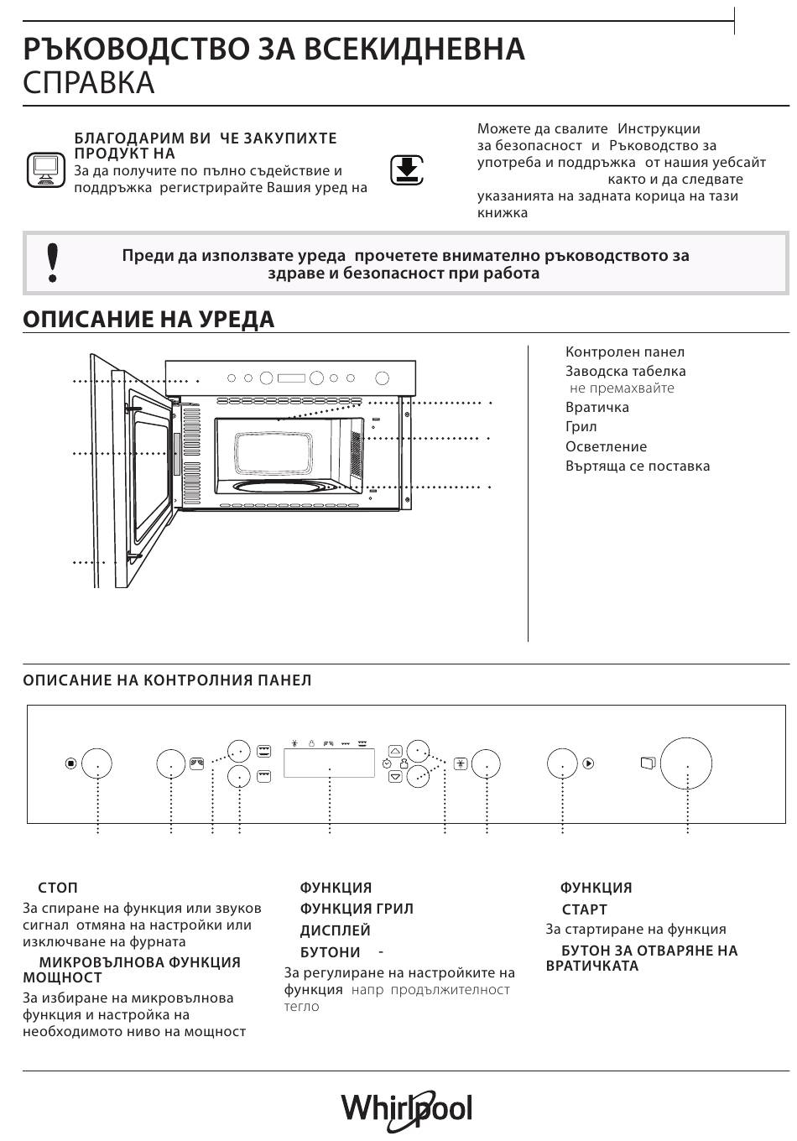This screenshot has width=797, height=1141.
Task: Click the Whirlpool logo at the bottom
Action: (x=406, y=1109)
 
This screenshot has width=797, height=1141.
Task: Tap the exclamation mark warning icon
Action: (x=53, y=262)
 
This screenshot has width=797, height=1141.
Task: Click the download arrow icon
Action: (x=407, y=170)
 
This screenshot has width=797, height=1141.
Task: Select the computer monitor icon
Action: (x=44, y=169)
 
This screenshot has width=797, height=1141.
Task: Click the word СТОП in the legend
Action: (x=58, y=888)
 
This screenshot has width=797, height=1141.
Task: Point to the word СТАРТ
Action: (x=584, y=909)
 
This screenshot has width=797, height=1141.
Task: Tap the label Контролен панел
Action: (x=624, y=352)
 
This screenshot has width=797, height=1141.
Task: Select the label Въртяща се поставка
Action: (x=637, y=466)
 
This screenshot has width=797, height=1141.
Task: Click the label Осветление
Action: (x=606, y=447)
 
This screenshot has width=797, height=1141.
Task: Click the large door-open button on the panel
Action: (x=685, y=764)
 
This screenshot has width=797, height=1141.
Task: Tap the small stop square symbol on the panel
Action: (x=71, y=763)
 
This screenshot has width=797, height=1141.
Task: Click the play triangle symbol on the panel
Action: (x=588, y=763)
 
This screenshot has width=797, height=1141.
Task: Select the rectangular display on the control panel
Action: (x=329, y=763)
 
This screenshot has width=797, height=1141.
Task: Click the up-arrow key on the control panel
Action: (x=395, y=751)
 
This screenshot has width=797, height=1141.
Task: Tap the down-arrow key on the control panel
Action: (x=395, y=777)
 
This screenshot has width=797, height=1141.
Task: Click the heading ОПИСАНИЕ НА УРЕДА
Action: (x=148, y=320)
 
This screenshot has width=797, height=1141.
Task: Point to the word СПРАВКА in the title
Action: (x=89, y=83)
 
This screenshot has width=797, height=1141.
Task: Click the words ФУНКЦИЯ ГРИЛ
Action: (x=357, y=909)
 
